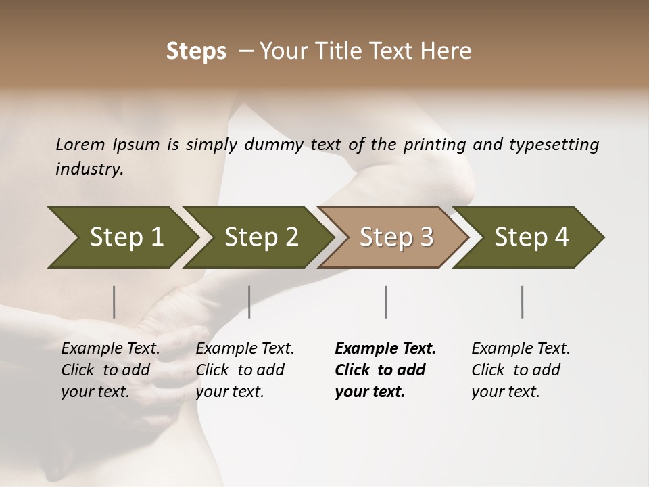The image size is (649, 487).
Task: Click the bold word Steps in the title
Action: (196, 51)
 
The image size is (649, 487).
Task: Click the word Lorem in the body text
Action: (80, 144)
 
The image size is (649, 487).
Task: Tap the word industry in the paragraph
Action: (89, 168)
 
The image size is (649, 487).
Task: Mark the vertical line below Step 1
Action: (114, 302)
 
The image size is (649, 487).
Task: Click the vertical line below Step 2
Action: (249, 302)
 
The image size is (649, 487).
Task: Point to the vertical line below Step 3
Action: (386, 302)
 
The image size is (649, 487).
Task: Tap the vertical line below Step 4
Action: (523, 302)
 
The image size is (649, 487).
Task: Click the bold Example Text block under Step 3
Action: (385, 370)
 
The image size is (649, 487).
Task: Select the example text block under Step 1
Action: (110, 370)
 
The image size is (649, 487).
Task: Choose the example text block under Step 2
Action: (245, 370)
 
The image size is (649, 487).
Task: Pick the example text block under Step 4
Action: (521, 370)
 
